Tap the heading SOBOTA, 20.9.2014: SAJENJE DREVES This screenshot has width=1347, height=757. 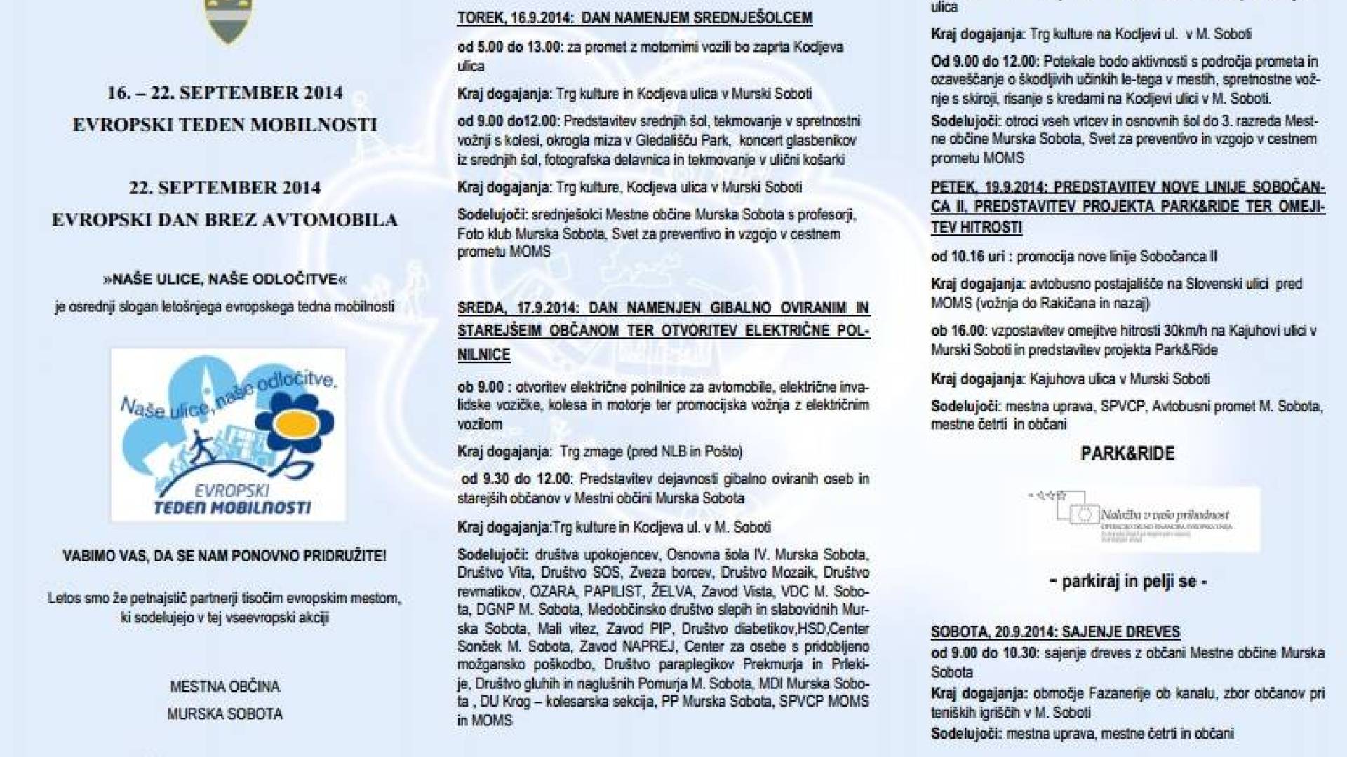(x=1055, y=632)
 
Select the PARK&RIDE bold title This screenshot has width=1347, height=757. (x=1127, y=453)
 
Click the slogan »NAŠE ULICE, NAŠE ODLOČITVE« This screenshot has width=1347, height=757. (x=224, y=279)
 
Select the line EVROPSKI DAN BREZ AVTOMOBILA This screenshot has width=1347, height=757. (x=224, y=220)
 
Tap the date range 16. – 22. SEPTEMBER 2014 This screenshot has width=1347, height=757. (x=224, y=93)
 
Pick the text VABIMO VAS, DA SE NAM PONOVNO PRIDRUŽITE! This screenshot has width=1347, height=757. (x=224, y=557)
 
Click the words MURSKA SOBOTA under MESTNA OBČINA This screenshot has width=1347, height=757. (x=224, y=714)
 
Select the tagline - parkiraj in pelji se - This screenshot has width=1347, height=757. (x=1128, y=582)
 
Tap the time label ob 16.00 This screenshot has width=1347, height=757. (x=958, y=331)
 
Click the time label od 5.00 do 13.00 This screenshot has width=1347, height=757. (x=509, y=48)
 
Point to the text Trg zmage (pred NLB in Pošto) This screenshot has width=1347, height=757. (x=650, y=452)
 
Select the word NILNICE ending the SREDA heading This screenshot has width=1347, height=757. (x=484, y=355)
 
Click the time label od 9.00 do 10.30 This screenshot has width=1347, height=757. (x=985, y=653)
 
